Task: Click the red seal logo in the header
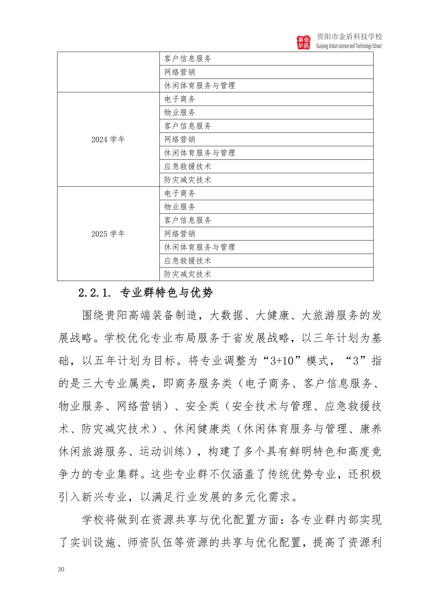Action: tap(304, 42)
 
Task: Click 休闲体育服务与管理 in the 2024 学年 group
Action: tap(200, 153)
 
